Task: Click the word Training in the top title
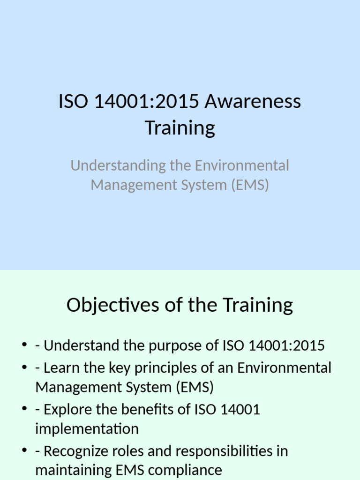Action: pyautogui.click(x=180, y=127)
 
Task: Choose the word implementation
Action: pyautogui.click(x=87, y=429)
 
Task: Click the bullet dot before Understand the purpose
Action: pyautogui.click(x=24, y=346)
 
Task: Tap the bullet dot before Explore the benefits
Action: pyautogui.click(x=24, y=410)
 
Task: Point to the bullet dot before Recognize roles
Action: pyautogui.click(x=24, y=451)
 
